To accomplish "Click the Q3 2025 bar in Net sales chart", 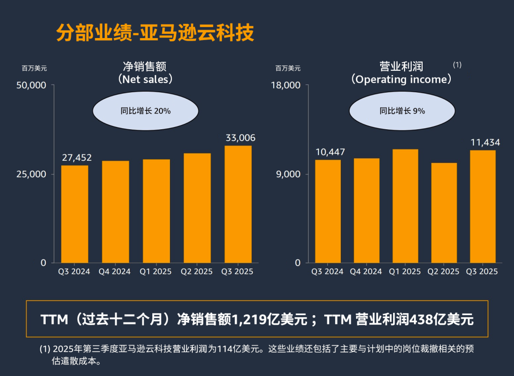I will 238,204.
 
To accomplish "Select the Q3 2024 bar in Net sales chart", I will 75,214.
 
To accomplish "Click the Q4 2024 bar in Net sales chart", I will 115,212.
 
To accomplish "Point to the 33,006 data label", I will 240,138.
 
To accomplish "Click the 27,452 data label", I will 77,157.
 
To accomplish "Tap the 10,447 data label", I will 330,152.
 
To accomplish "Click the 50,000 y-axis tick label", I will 31,85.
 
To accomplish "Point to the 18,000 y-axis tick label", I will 286,85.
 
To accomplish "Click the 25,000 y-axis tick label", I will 31,174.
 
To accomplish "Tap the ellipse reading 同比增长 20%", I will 145,111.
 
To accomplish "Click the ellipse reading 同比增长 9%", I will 402,111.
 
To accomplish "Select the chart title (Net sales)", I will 145,73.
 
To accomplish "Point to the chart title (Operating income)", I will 402,73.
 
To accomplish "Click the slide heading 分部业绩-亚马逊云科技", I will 155,33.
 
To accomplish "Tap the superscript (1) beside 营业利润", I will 457,65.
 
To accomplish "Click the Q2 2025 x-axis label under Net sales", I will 197,271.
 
